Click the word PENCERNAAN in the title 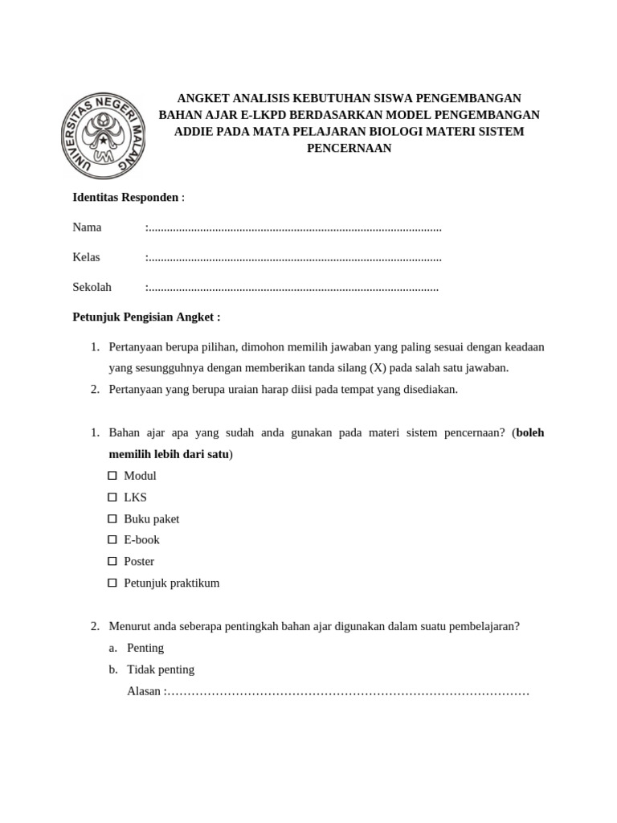pos(349,148)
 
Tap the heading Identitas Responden pos(125,198)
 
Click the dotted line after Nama pos(294,227)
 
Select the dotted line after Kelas pos(294,257)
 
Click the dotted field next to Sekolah pos(292,287)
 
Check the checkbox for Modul pos(112,476)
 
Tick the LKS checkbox pos(112,497)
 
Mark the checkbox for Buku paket pos(112,519)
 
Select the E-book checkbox pos(112,540)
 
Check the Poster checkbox pos(112,562)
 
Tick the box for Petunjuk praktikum pos(112,583)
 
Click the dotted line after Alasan pos(347,691)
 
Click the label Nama pos(87,227)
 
